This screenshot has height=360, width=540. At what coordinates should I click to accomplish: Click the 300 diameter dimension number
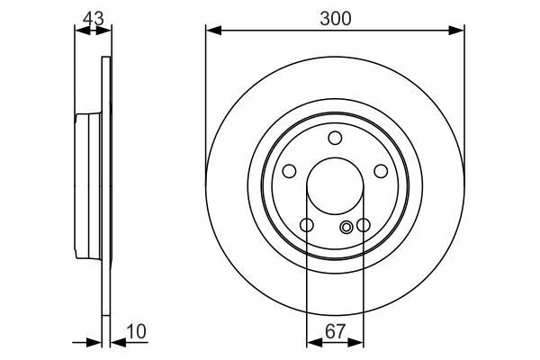[335, 16]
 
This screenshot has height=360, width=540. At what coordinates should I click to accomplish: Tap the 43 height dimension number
[91, 16]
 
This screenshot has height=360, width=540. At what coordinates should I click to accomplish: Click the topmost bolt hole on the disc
[335, 137]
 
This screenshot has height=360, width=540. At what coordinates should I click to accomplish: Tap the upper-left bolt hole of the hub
[290, 171]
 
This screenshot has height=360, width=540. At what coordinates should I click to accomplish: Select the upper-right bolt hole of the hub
[381, 171]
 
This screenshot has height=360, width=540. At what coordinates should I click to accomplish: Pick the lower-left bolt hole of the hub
[307, 225]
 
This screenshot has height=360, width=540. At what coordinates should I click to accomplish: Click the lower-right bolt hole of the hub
[364, 225]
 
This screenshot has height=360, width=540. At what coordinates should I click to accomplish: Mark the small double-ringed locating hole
[347, 228]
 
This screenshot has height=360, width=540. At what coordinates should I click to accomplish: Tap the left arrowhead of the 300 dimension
[212, 31]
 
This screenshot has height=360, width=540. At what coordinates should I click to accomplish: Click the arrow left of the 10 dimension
[94, 342]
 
